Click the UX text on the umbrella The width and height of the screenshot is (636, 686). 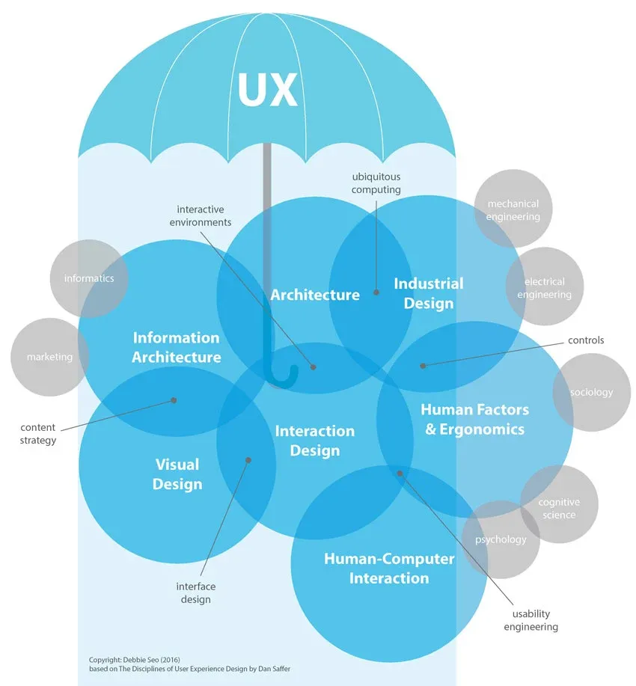(267, 91)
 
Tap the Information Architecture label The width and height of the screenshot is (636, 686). (177, 348)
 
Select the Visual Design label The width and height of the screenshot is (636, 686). (177, 474)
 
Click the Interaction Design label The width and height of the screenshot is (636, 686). (314, 441)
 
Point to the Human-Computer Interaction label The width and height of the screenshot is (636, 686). (389, 569)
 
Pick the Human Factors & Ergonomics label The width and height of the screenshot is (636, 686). (474, 419)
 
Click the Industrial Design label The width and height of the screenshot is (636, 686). (429, 293)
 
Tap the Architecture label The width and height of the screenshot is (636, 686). (315, 295)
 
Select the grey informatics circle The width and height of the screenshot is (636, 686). (89, 278)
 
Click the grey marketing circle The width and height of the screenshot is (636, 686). (49, 357)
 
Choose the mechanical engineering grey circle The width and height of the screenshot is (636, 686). (513, 209)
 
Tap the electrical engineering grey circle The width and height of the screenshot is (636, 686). (544, 288)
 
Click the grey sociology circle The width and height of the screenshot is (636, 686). (591, 392)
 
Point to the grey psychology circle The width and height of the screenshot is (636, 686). (501, 539)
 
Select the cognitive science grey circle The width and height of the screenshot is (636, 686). (559, 508)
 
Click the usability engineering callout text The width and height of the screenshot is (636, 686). (530, 620)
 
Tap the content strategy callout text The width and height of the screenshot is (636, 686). (38, 434)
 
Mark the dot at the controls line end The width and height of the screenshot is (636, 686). (423, 366)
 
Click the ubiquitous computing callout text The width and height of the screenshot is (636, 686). (376, 183)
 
